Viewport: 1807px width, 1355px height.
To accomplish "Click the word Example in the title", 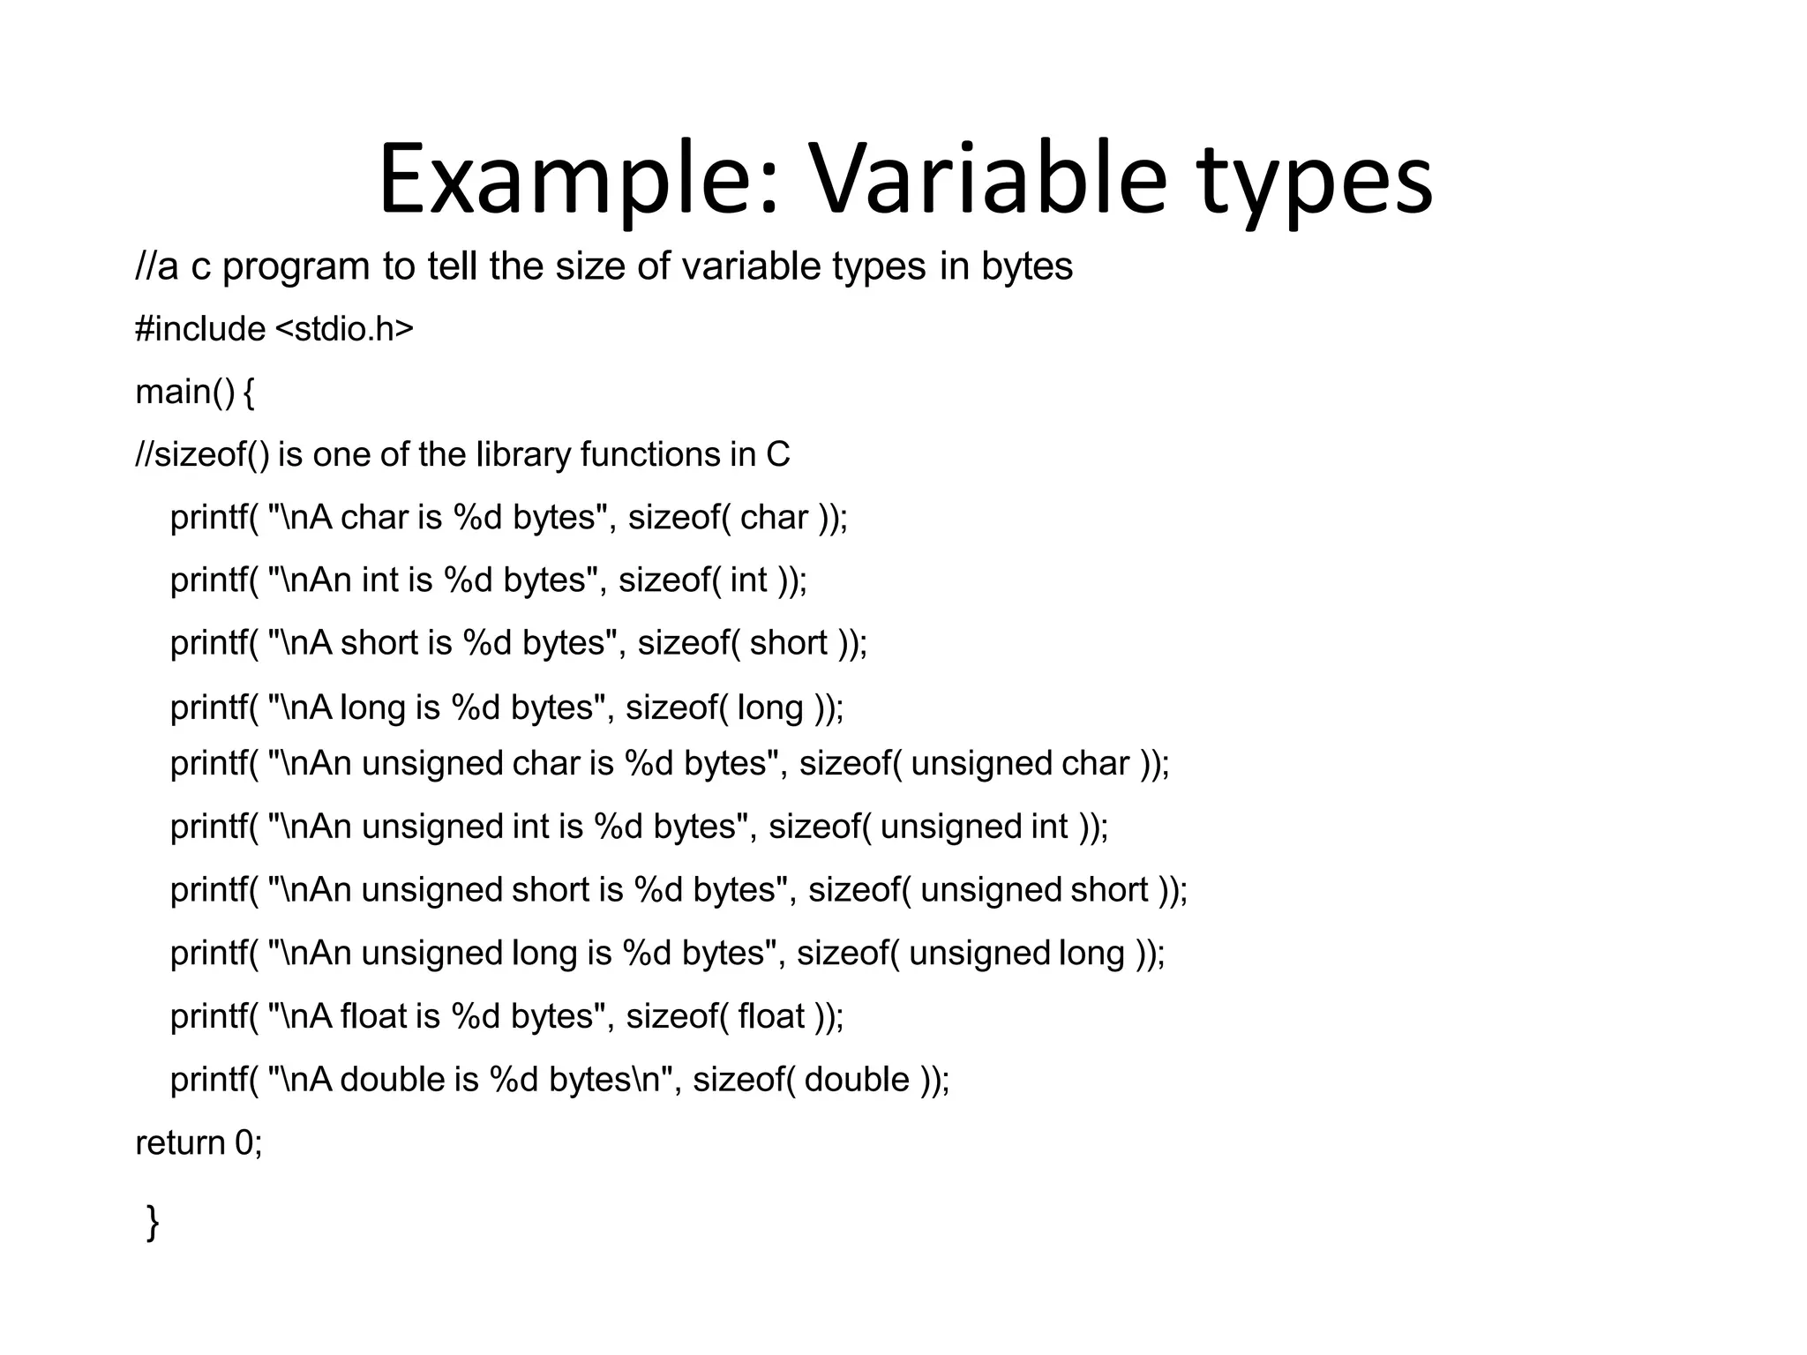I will tap(578, 181).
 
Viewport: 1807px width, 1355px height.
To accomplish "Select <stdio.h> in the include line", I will tap(344, 328).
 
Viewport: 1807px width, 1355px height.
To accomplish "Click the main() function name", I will tap(184, 392).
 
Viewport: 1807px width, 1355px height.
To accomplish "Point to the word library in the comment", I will tap(524, 454).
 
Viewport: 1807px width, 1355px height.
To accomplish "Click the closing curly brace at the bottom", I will tap(153, 1223).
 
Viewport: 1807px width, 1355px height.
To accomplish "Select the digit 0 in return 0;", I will tap(244, 1142).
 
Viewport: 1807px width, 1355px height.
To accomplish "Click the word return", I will tap(180, 1143).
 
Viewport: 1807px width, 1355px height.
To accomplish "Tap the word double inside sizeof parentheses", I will tap(857, 1079).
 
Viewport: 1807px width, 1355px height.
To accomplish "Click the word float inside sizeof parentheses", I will tap(771, 1016).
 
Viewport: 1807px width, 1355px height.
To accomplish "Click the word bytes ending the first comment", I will tap(1027, 267).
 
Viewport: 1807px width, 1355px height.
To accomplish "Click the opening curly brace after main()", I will tap(248, 392).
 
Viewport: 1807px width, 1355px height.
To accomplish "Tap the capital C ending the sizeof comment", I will tap(777, 454).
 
